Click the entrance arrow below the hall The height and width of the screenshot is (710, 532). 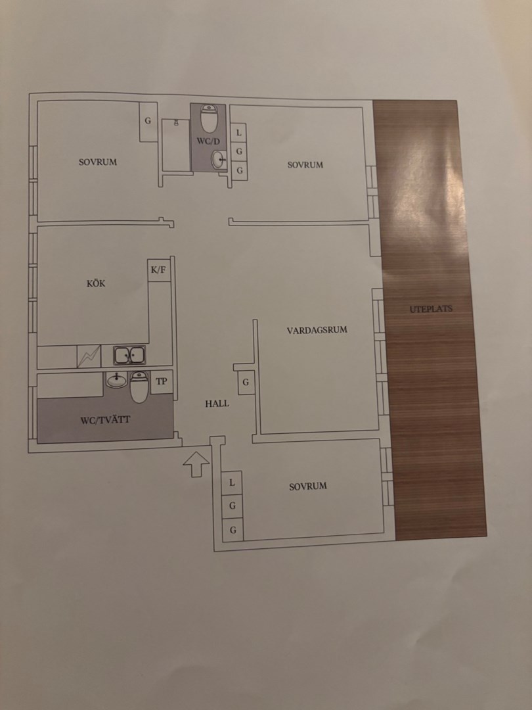(x=196, y=463)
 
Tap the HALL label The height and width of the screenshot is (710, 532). (x=217, y=404)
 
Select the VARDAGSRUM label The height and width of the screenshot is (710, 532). (x=317, y=329)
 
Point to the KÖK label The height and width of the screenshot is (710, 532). (x=96, y=283)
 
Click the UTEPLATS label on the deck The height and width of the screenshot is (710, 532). (x=431, y=309)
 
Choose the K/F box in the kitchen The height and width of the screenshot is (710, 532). (x=159, y=270)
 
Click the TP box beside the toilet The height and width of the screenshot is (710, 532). (x=162, y=382)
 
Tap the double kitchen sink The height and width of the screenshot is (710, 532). (x=129, y=356)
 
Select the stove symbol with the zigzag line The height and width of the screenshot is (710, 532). (x=89, y=356)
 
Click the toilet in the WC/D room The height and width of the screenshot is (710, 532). (x=209, y=118)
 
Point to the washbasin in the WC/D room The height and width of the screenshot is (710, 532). (x=219, y=159)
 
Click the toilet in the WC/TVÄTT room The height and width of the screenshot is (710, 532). (x=139, y=387)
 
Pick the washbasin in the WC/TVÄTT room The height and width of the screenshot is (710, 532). (x=117, y=380)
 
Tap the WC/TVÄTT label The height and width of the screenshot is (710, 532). (x=105, y=419)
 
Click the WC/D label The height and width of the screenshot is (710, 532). (x=208, y=141)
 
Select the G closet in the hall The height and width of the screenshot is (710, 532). (x=246, y=382)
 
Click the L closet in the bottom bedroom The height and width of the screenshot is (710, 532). (x=232, y=483)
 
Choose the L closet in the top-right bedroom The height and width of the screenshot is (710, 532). (x=239, y=133)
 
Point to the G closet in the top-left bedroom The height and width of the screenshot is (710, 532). (x=148, y=122)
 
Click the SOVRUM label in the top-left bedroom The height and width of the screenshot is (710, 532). (x=98, y=162)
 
